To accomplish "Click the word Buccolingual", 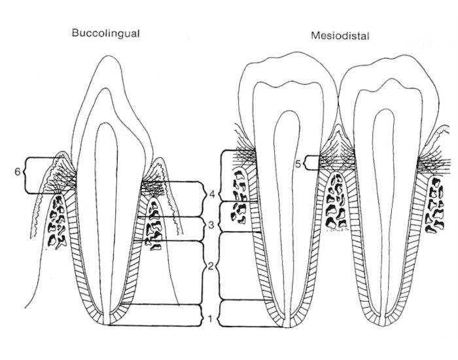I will pos(105,33).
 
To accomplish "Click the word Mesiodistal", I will pos(340,37).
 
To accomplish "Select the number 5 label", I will pos(297,164).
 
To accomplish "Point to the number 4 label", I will pos(211,194).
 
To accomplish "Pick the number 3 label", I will pos(211,225).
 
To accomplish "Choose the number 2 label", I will pos(211,266).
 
